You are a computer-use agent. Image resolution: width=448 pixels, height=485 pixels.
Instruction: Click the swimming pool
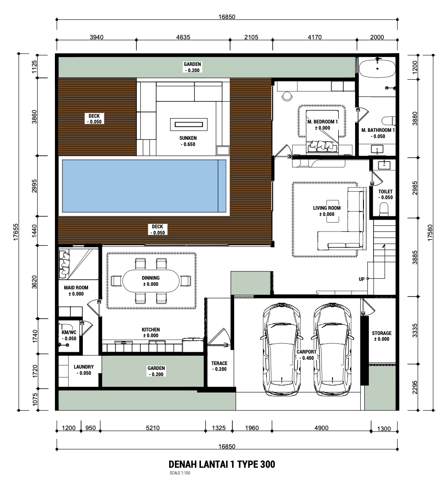(x=144, y=185)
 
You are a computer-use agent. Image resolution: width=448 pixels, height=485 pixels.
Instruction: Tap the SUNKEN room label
(x=188, y=138)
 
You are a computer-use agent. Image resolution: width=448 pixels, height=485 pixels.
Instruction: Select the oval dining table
(x=151, y=281)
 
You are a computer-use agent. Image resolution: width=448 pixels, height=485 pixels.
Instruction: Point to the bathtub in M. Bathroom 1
(x=377, y=68)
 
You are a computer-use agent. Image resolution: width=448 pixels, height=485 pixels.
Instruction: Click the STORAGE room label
(x=382, y=333)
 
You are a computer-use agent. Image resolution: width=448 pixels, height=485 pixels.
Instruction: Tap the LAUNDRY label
(x=84, y=367)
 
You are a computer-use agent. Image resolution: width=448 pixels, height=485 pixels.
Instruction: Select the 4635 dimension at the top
(x=183, y=37)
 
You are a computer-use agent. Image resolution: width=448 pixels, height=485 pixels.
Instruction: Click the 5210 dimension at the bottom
(x=153, y=428)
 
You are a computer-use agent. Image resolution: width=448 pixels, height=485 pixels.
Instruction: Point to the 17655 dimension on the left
(x=16, y=232)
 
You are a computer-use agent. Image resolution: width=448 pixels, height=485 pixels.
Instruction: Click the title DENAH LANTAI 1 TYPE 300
(x=222, y=464)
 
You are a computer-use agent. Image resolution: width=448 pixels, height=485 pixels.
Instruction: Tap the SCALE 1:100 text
(x=180, y=473)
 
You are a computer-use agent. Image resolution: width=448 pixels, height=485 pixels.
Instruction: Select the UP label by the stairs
(x=361, y=279)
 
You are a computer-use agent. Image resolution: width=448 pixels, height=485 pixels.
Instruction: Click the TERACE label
(x=220, y=363)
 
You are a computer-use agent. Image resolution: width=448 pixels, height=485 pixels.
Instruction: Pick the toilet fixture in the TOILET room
(x=384, y=209)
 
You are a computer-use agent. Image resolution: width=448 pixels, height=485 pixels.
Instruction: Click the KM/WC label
(x=69, y=332)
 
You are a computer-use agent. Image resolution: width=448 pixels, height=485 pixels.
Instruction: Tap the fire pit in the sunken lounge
(x=189, y=124)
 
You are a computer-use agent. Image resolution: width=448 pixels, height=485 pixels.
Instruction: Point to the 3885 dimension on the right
(x=415, y=258)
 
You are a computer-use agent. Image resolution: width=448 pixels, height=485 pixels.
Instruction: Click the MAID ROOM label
(x=76, y=288)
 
